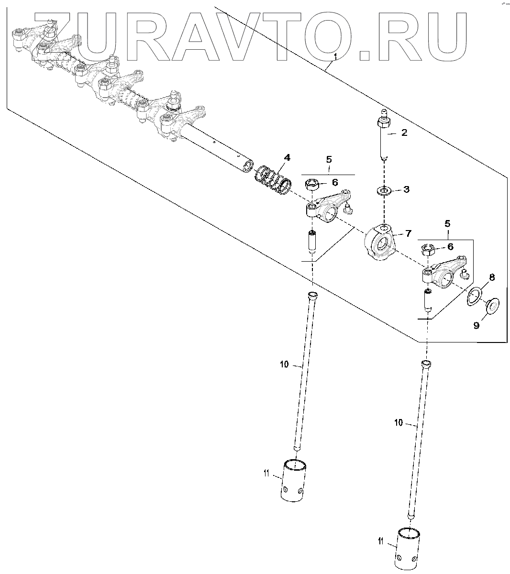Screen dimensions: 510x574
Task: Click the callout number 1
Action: [x=335, y=57]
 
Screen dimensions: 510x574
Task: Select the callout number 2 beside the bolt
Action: [x=404, y=133]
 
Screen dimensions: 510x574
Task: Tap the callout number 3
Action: [x=406, y=189]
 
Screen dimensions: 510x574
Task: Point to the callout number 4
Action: [x=287, y=157]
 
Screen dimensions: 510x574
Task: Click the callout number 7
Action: [x=408, y=233]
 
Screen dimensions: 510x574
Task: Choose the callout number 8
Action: [x=491, y=277]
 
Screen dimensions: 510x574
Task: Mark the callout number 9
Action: [x=476, y=325]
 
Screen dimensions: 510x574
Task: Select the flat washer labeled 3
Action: [x=384, y=191]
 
